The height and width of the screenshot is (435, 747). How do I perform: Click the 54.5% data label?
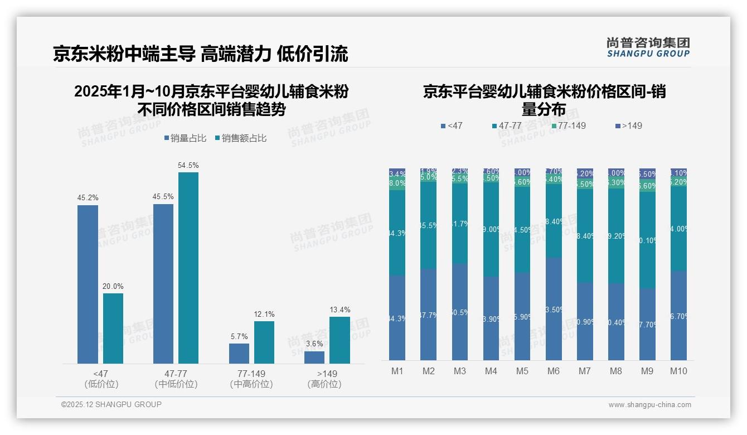pyautogui.click(x=188, y=165)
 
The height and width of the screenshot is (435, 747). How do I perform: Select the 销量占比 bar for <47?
pyautogui.click(x=88, y=284)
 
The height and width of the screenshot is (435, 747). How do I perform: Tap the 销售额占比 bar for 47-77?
pyautogui.click(x=188, y=268)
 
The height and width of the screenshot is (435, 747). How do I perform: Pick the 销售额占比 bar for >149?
pyautogui.click(x=339, y=340)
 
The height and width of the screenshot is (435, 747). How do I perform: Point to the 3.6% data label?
pyautogui.click(x=314, y=344)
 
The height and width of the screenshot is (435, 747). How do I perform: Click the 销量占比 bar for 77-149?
pyautogui.click(x=239, y=354)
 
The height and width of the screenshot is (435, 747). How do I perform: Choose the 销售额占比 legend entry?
pyautogui.click(x=240, y=138)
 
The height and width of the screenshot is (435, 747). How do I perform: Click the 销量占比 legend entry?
pyautogui.click(x=184, y=138)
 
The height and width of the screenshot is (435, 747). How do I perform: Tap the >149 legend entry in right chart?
pyautogui.click(x=628, y=125)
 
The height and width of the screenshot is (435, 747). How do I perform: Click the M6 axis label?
pyautogui.click(x=553, y=371)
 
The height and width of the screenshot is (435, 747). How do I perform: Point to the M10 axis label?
pyautogui.click(x=678, y=371)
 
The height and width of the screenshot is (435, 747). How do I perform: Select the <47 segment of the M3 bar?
pyautogui.click(x=459, y=312)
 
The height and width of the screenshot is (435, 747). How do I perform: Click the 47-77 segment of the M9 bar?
pyautogui.click(x=647, y=240)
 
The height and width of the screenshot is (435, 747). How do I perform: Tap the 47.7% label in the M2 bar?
pyautogui.click(x=428, y=315)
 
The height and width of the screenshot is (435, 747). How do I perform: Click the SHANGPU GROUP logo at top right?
pyautogui.click(x=648, y=47)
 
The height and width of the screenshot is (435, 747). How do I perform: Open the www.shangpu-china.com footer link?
pyautogui.click(x=649, y=405)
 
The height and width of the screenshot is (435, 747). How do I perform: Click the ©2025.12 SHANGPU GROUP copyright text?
pyautogui.click(x=111, y=404)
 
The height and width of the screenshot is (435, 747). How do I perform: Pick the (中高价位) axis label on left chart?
pyautogui.click(x=251, y=384)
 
